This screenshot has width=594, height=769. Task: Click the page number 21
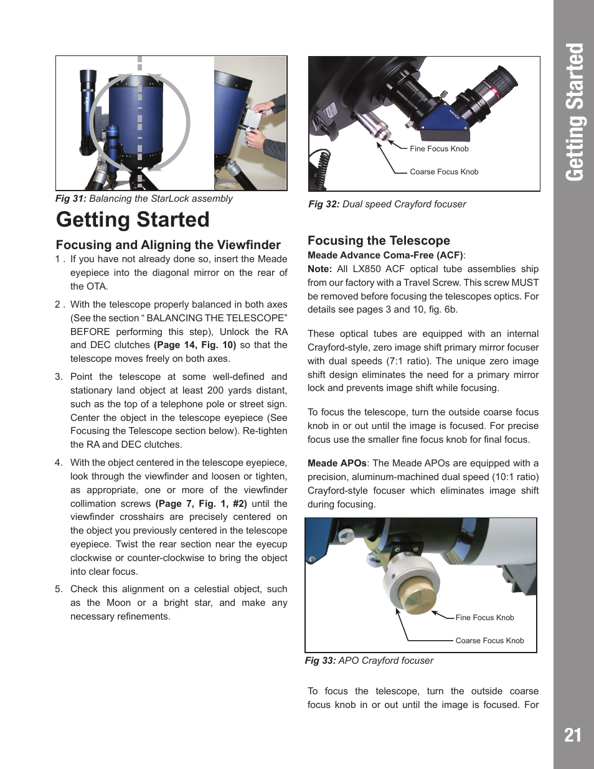(x=572, y=735)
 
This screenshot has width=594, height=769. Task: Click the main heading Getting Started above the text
(x=133, y=220)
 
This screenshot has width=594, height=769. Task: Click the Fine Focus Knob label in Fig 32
(x=439, y=149)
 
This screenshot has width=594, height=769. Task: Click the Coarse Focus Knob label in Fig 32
(x=444, y=172)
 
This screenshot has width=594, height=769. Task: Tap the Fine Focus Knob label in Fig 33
(x=484, y=618)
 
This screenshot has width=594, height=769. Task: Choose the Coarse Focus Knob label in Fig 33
(x=489, y=641)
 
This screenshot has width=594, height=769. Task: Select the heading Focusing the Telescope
(x=379, y=240)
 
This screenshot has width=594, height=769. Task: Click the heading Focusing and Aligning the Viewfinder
(x=168, y=245)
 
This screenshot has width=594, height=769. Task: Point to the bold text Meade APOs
(x=337, y=463)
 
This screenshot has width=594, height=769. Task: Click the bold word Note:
(x=319, y=269)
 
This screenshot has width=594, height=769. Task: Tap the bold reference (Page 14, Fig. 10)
(x=195, y=345)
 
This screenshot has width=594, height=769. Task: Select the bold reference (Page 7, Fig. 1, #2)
(x=201, y=504)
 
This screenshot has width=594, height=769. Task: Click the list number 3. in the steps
(x=59, y=377)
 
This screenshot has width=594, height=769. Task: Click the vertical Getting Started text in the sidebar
(x=574, y=112)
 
